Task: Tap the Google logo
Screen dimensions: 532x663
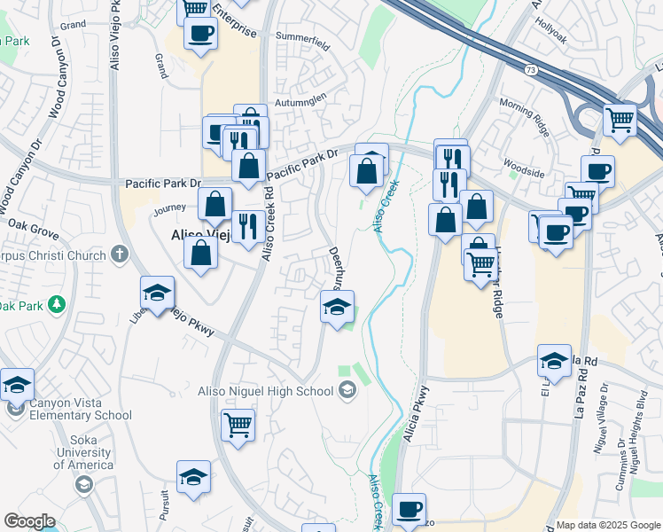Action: [29, 520]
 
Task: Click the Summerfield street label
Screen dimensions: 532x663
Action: [303, 43]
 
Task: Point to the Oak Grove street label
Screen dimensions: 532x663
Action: [33, 229]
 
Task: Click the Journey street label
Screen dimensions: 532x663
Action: [169, 210]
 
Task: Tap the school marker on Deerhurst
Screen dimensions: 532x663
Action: [337, 308]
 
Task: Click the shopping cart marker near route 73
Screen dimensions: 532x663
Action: [620, 119]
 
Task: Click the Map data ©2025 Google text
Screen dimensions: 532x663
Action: [608, 524]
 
